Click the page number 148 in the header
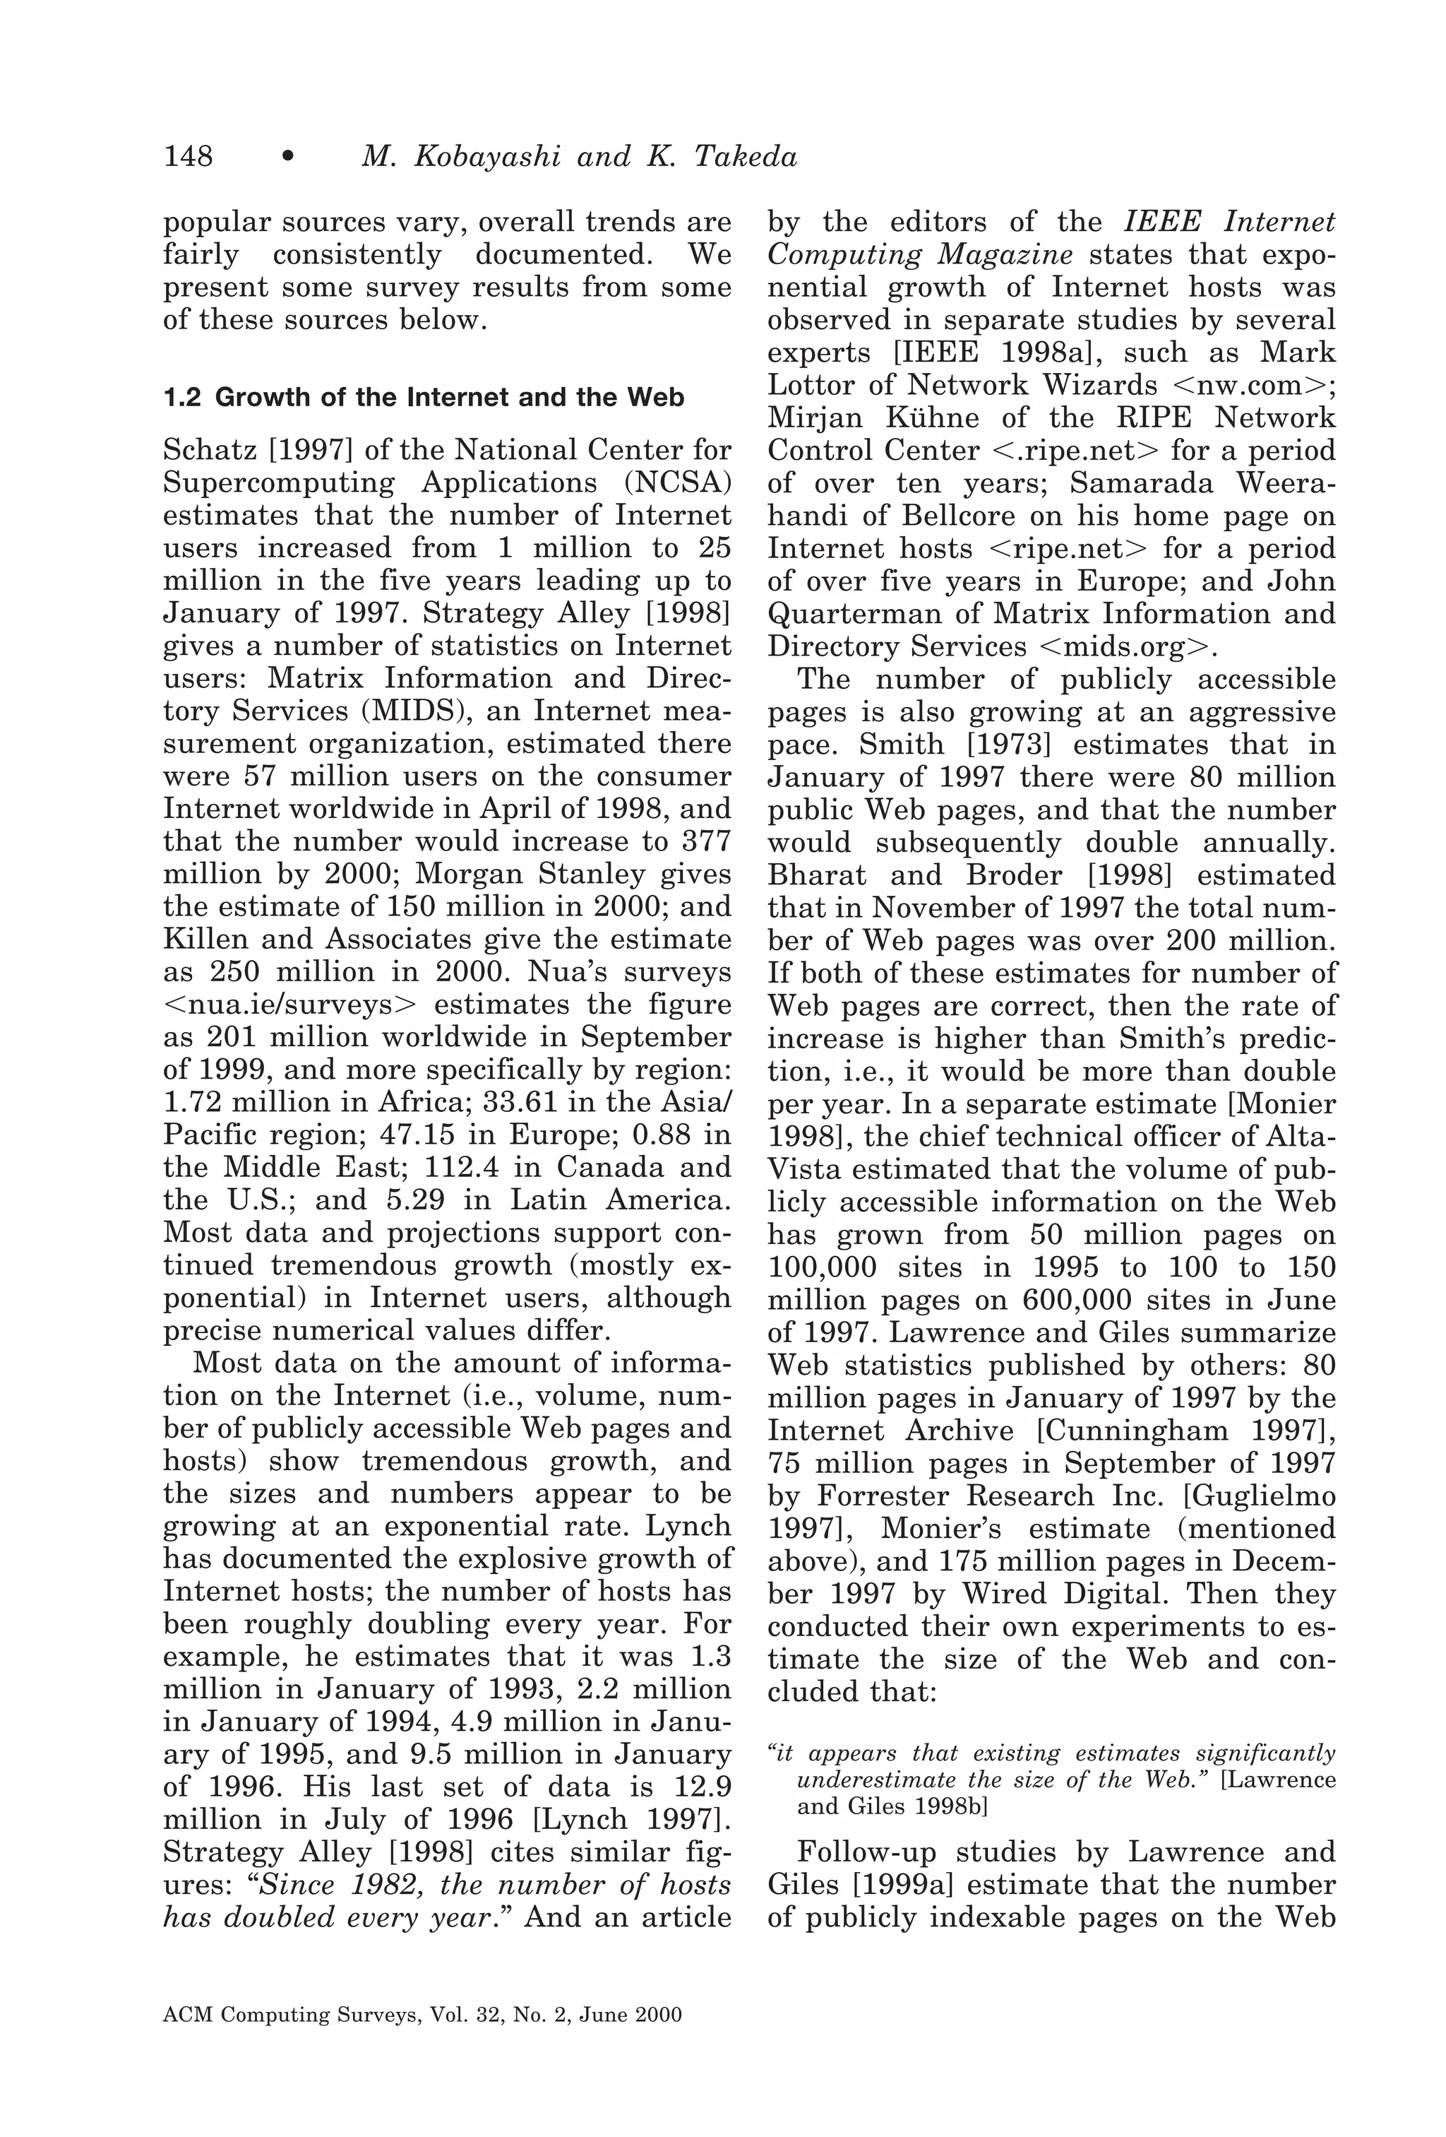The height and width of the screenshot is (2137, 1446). coord(188,156)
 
